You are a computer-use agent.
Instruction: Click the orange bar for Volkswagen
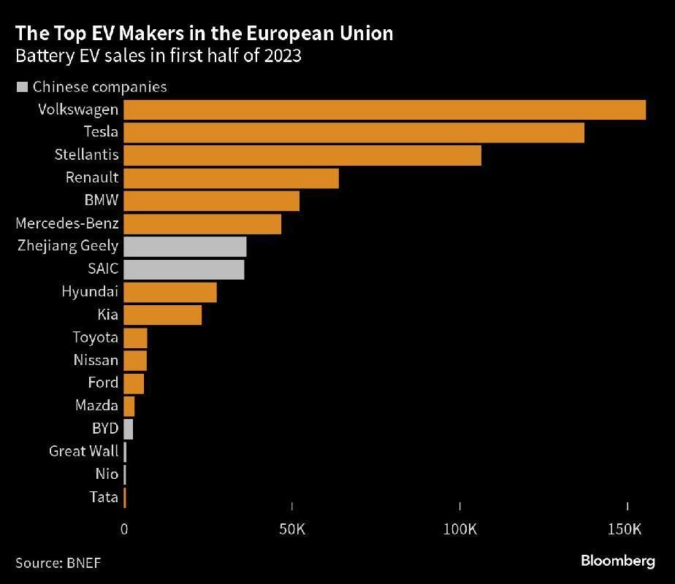click(384, 109)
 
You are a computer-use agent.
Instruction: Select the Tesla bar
click(354, 132)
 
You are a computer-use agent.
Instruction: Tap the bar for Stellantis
click(302, 155)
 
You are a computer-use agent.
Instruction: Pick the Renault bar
click(231, 178)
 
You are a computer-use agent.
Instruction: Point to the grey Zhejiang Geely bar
click(185, 246)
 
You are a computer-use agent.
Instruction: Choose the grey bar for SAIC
click(184, 269)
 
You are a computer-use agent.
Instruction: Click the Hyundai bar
click(170, 292)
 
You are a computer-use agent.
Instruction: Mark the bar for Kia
click(162, 315)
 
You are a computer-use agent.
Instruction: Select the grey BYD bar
click(129, 429)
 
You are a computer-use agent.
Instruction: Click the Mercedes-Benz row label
click(67, 223)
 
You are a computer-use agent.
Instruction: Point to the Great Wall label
click(83, 451)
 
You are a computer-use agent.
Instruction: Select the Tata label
click(103, 497)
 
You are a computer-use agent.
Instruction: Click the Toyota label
click(95, 337)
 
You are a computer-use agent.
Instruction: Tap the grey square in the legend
click(22, 87)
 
